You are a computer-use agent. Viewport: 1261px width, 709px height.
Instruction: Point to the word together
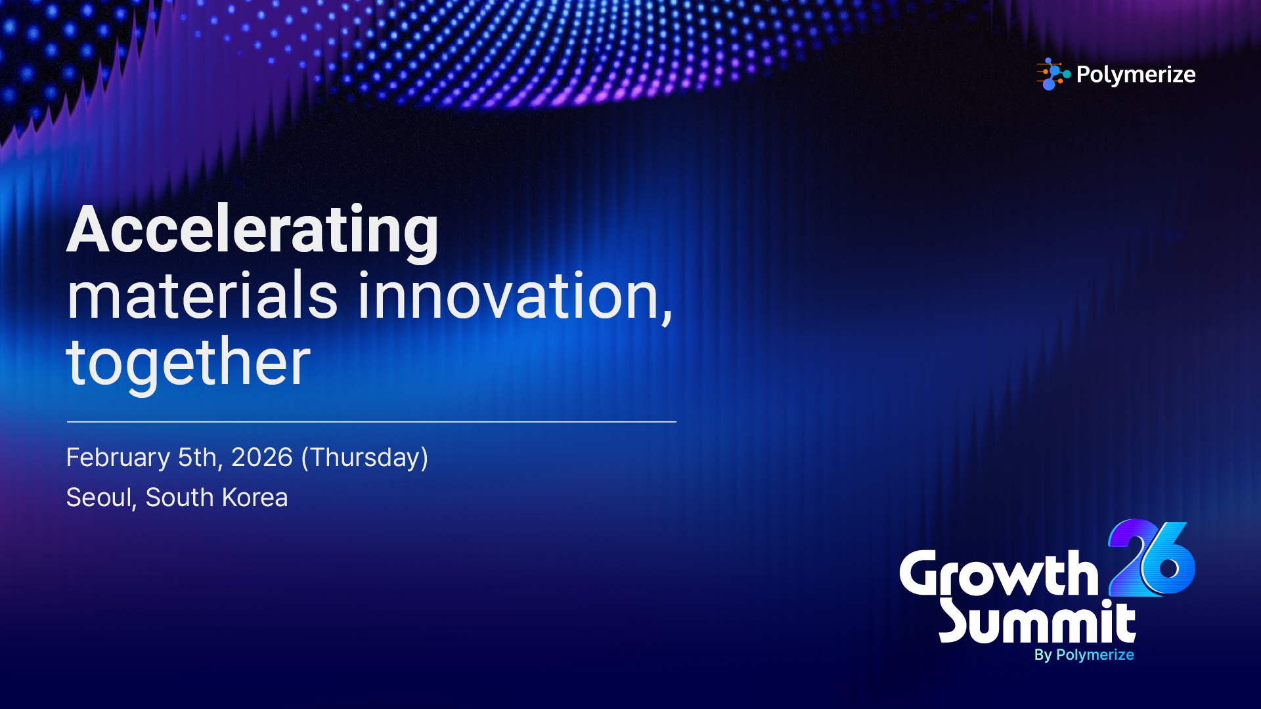pos(188,362)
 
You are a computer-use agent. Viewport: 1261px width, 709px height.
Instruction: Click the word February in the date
pos(118,458)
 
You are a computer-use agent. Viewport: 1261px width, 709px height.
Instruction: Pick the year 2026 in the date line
pos(261,457)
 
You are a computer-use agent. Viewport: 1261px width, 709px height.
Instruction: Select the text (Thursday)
pos(365,458)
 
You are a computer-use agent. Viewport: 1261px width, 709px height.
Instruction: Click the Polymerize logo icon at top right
pos(1053,74)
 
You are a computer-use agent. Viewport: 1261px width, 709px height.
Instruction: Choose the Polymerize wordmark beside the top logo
pos(1136,75)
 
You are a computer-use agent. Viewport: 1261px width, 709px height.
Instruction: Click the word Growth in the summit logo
pos(999,574)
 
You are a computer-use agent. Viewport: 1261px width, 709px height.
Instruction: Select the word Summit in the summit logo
pos(1038,621)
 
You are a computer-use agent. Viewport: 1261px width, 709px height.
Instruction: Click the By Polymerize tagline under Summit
pos(1084,655)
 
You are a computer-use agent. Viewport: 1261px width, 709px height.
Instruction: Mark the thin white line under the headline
pos(371,421)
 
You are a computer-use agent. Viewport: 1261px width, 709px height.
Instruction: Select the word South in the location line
pos(180,498)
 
